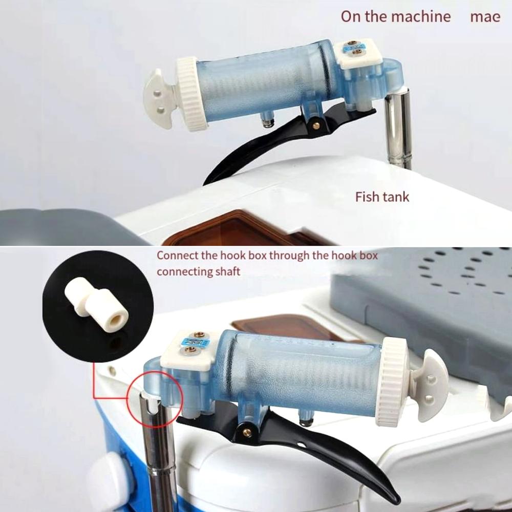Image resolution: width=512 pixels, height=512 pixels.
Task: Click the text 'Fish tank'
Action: click(x=382, y=197)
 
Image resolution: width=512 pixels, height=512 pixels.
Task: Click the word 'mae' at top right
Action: click(x=485, y=16)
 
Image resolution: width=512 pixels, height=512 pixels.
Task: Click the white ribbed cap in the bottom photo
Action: click(x=393, y=381)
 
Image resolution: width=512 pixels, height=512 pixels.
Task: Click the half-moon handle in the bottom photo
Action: click(x=431, y=384)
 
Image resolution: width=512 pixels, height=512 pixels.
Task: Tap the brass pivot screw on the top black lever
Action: click(x=316, y=125)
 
